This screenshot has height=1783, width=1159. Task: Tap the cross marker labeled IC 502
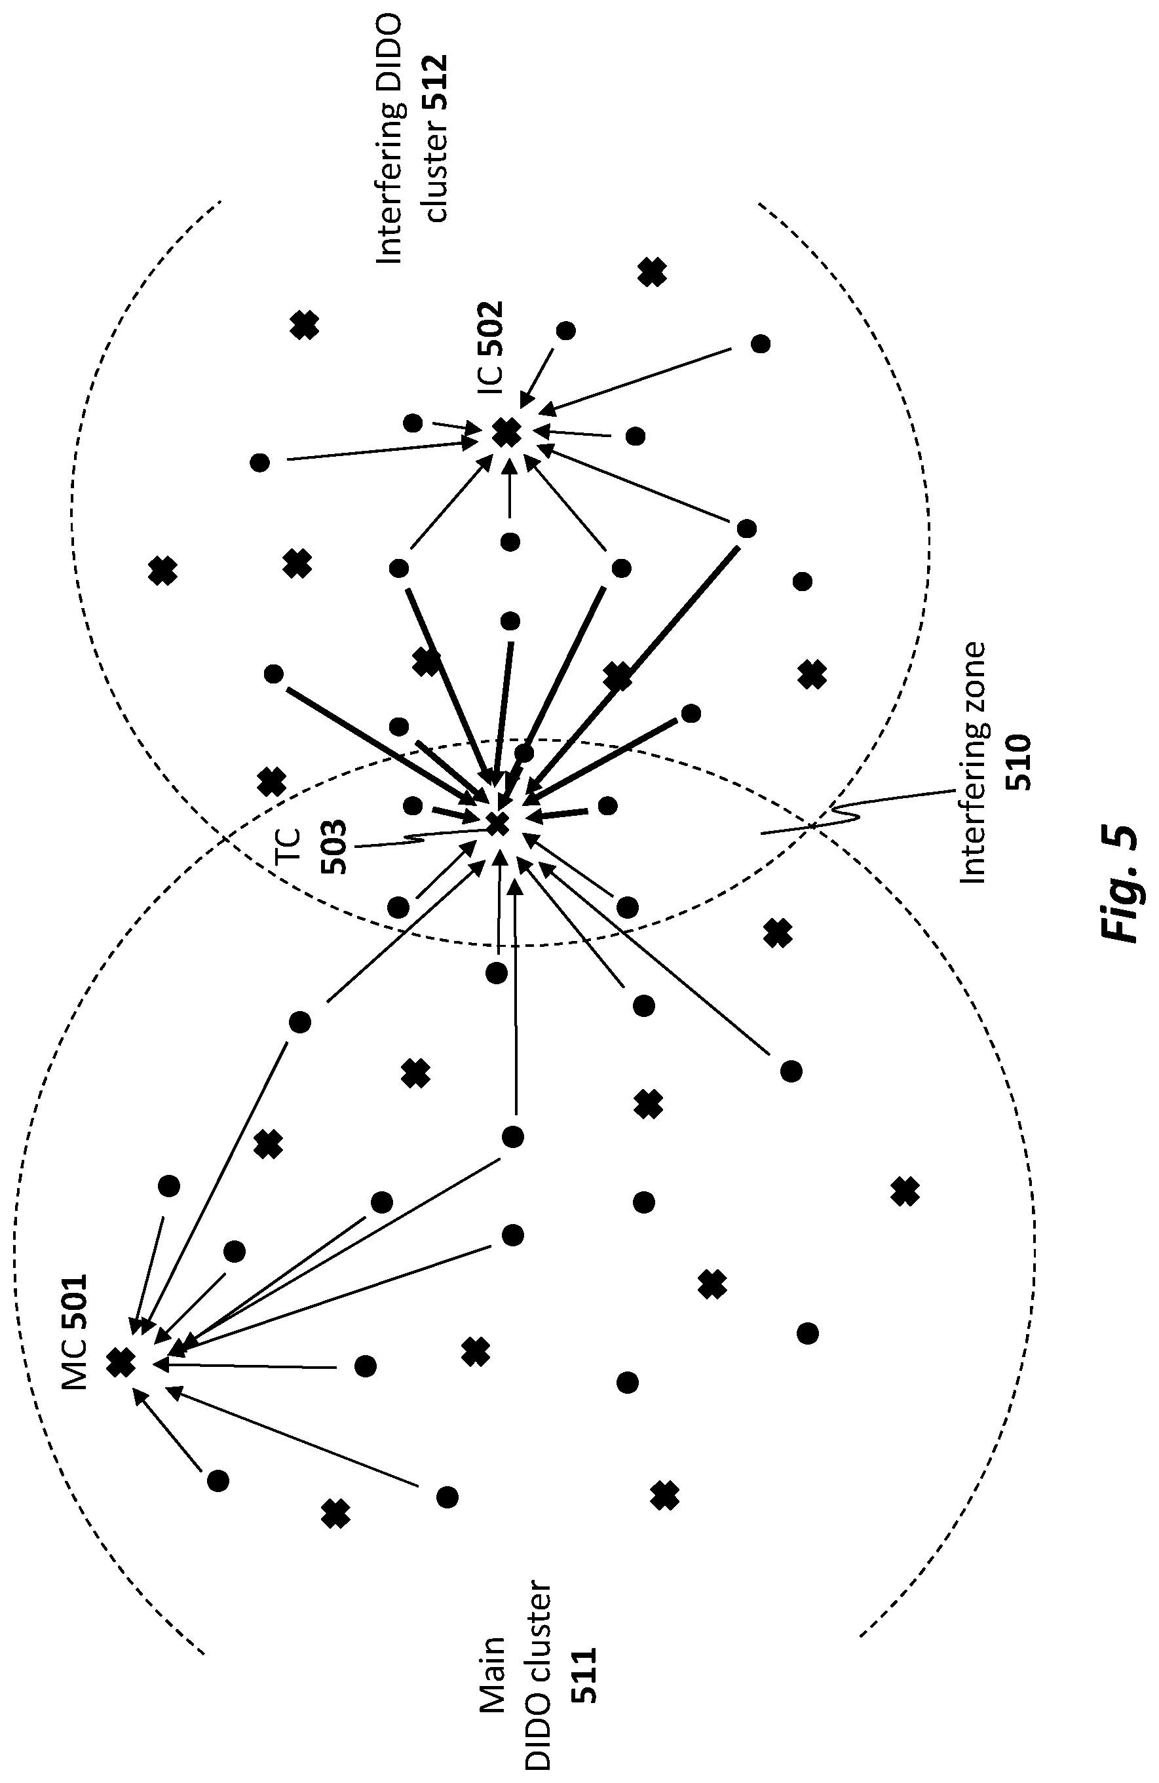click(507, 432)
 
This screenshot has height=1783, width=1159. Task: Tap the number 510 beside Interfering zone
click(1019, 762)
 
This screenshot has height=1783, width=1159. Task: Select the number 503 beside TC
click(334, 847)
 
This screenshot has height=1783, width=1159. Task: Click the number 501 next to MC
click(75, 1309)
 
